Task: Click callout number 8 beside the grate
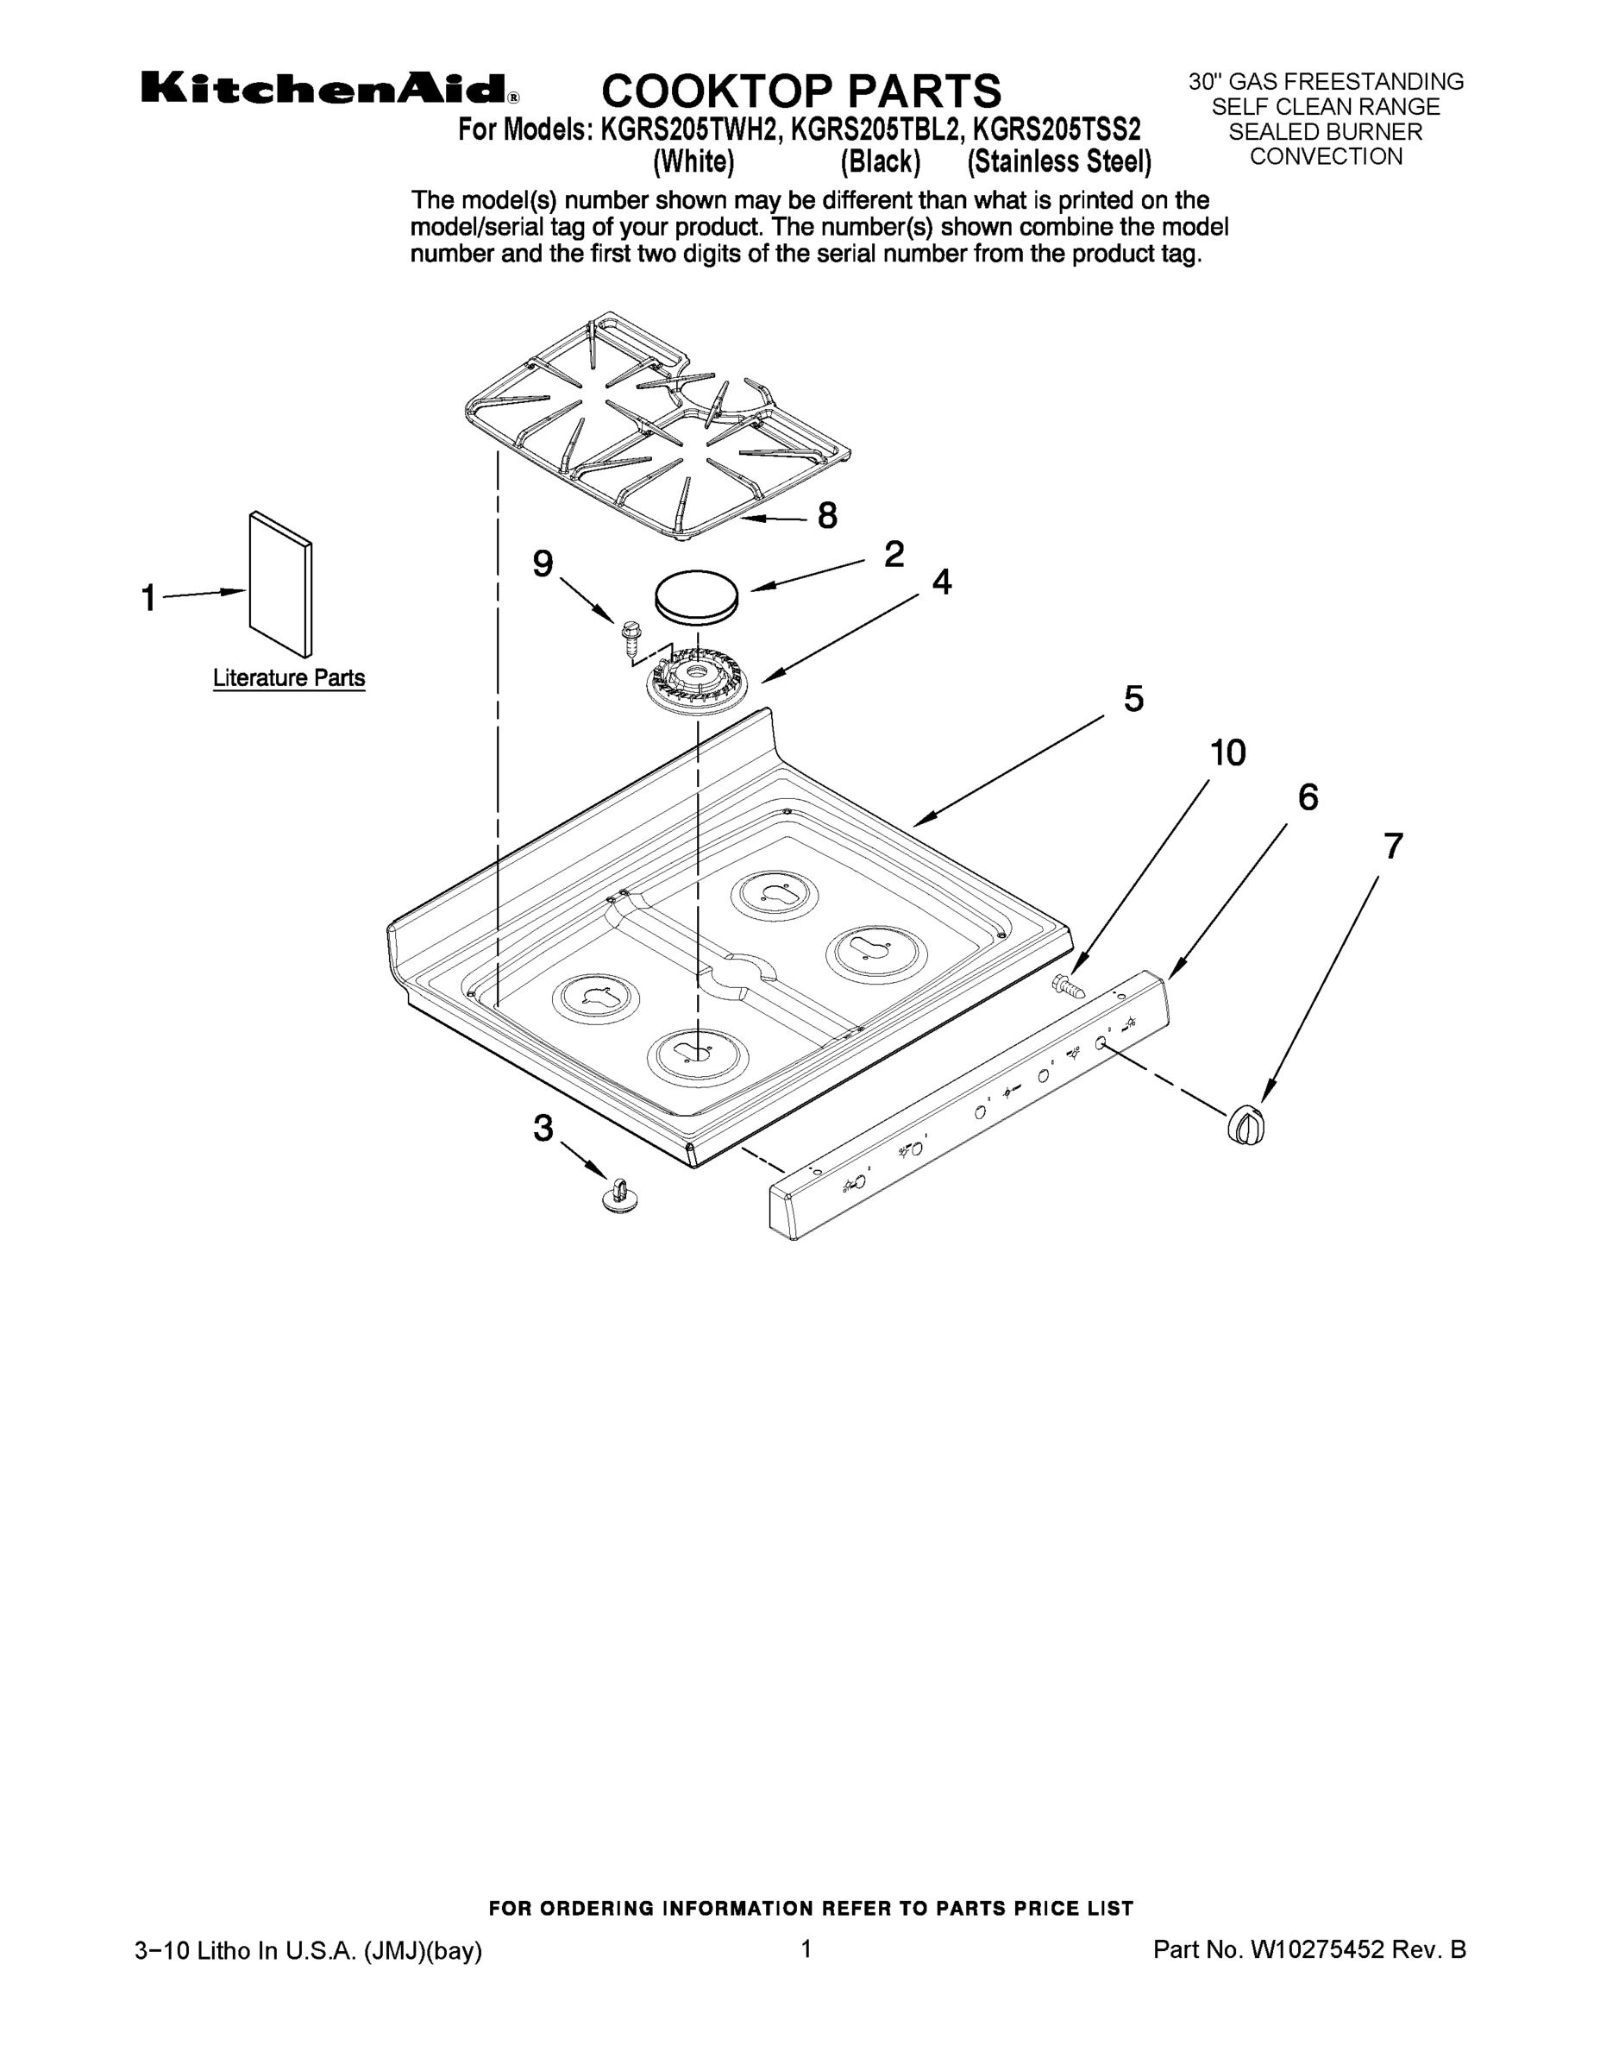coord(826,516)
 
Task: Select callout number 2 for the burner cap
coord(893,555)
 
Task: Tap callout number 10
coord(1227,753)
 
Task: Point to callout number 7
coord(1391,846)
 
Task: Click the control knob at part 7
coord(1248,1125)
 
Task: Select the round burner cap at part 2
coord(697,596)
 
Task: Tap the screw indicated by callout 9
coord(631,637)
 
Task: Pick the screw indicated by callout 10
coord(1068,985)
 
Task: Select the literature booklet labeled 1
coord(280,585)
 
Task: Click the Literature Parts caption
coord(288,678)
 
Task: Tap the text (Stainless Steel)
coord(1059,162)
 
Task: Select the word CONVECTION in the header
coord(1325,157)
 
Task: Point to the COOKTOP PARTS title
coord(801,91)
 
